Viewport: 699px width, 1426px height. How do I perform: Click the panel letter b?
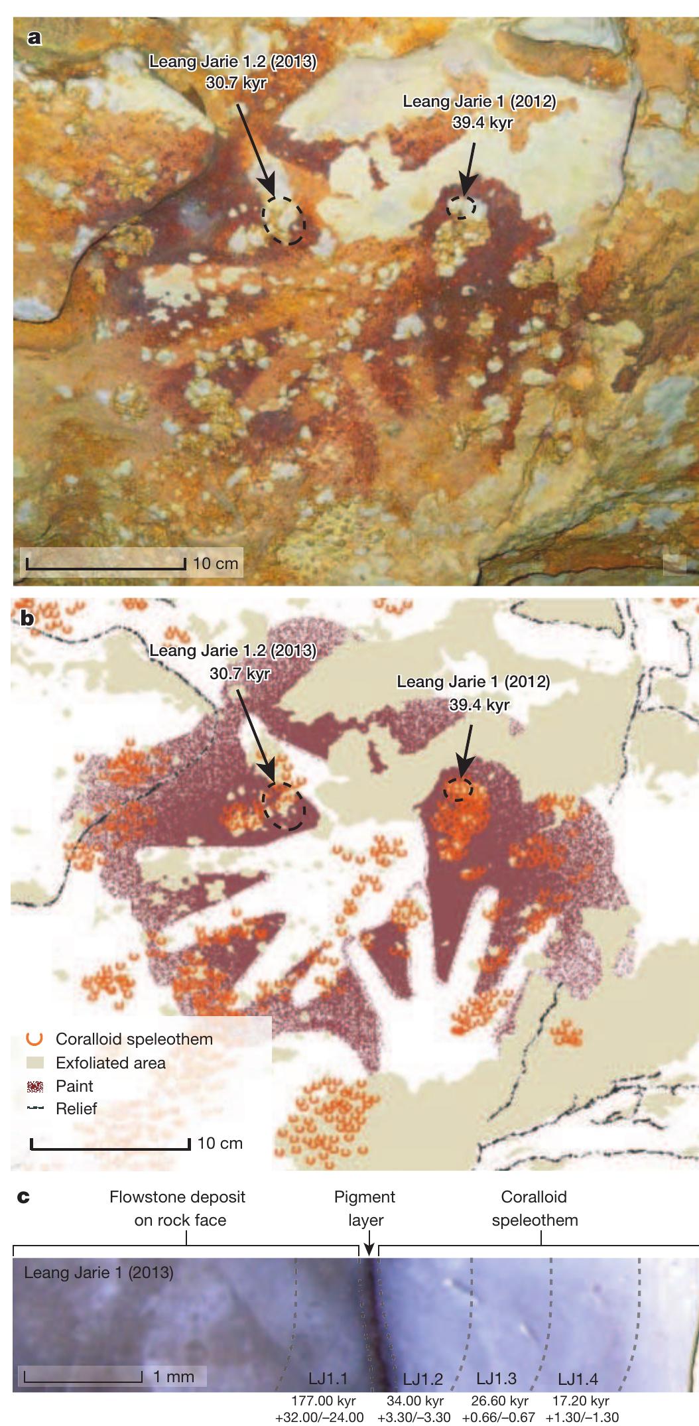29,618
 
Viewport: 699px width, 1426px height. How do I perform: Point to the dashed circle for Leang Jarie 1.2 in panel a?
284,221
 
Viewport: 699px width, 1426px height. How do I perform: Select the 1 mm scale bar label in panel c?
174,1376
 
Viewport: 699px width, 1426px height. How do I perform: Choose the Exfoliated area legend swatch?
36,1063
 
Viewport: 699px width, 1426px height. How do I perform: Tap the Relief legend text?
76,1108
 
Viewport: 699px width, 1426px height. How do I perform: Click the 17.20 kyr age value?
580,1401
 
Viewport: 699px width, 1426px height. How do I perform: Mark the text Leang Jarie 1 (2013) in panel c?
99,1273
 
